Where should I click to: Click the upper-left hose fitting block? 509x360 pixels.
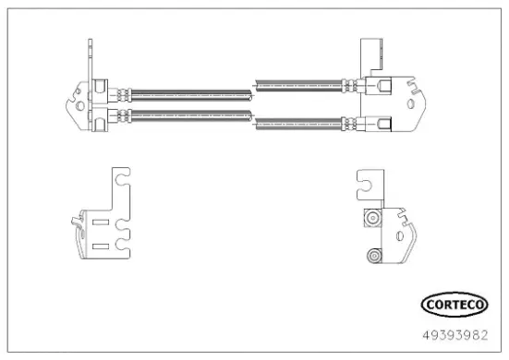[99, 90]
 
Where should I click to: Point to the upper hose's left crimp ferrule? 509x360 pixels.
[119, 90]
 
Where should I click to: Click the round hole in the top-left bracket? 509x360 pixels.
[80, 104]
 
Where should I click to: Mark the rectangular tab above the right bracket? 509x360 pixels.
[371, 52]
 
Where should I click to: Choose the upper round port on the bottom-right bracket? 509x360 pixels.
[373, 218]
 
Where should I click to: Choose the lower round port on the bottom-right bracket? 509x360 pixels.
[373, 255]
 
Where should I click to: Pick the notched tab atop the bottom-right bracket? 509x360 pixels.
[370, 185]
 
